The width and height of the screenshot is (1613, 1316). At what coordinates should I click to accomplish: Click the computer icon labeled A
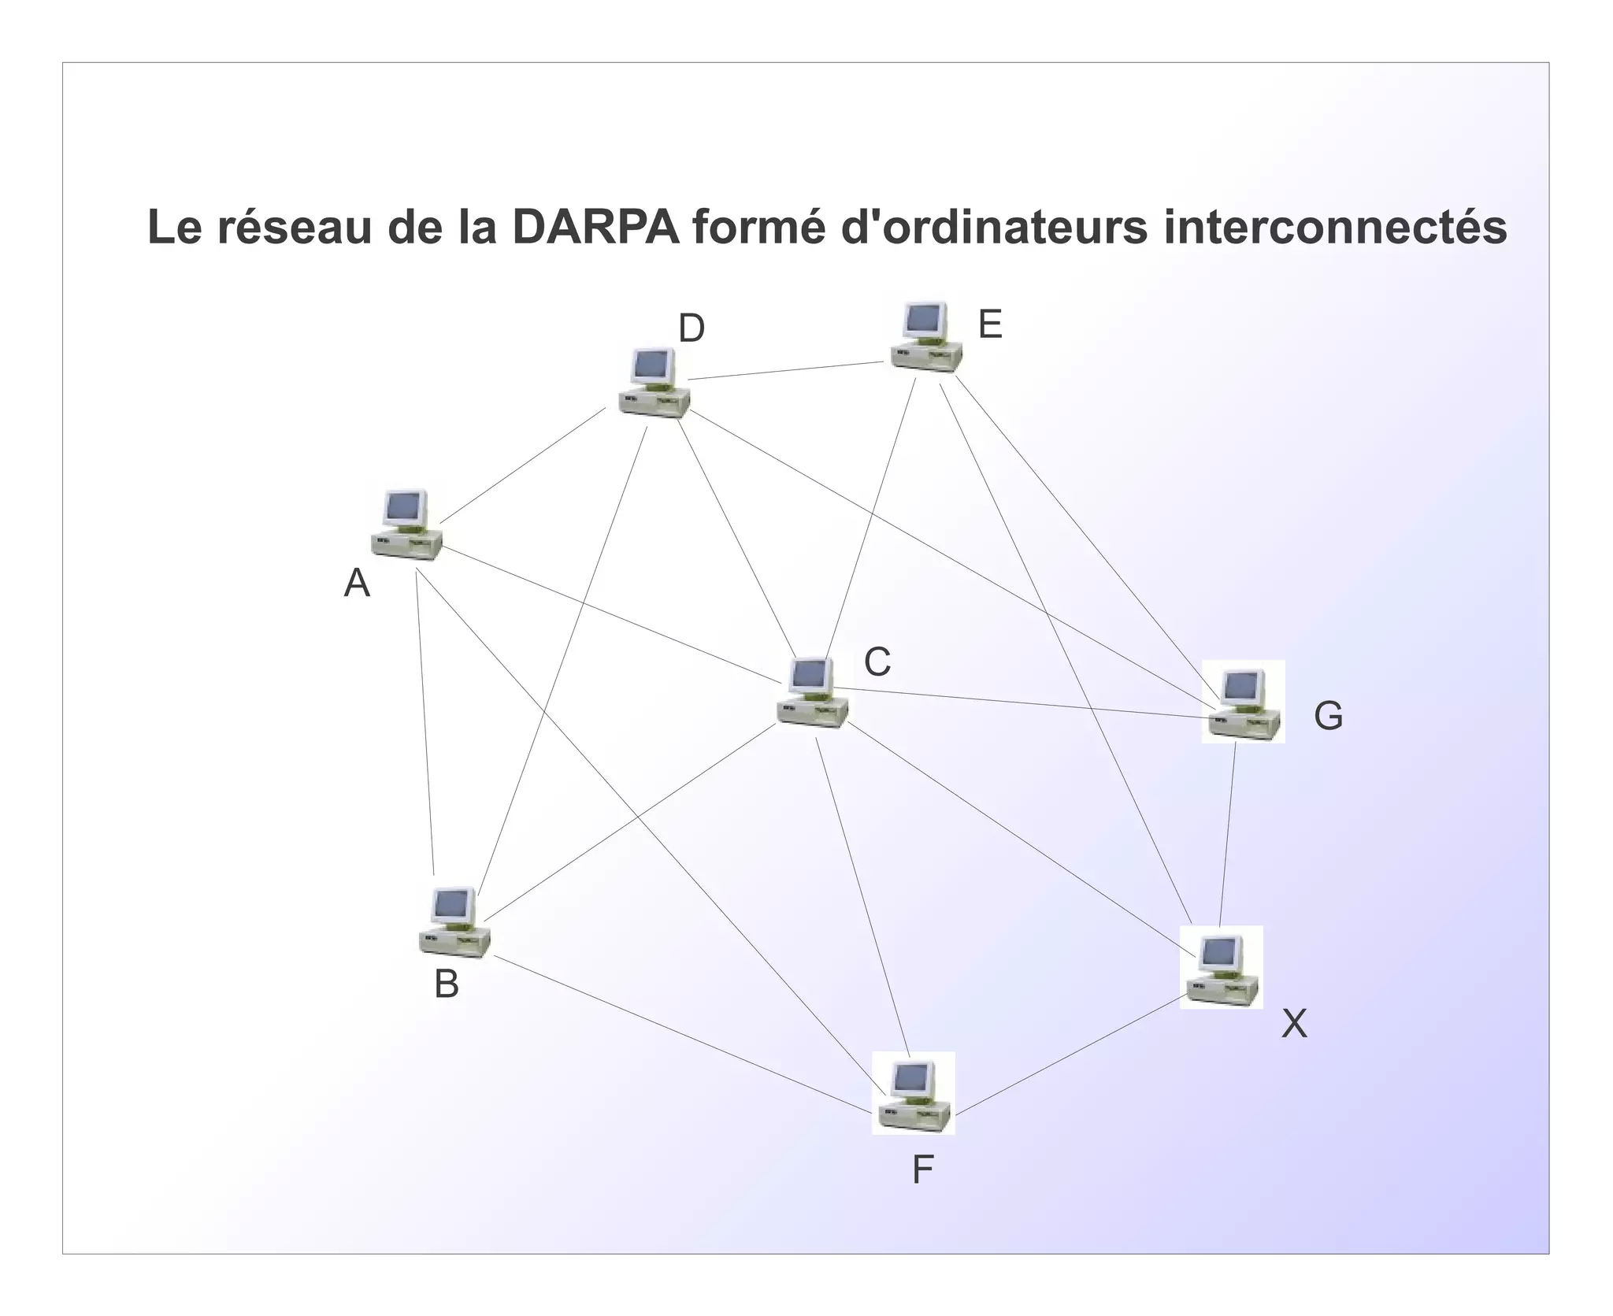pyautogui.click(x=406, y=525)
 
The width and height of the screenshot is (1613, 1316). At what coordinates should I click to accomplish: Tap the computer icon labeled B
pyautogui.click(x=454, y=922)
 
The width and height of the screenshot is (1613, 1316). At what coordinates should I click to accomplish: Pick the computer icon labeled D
pyautogui.click(x=654, y=383)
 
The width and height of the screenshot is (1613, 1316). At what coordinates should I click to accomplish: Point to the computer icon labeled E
pyautogui.click(x=927, y=335)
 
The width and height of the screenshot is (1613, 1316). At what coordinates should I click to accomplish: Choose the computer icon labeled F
pyautogui.click(x=914, y=1094)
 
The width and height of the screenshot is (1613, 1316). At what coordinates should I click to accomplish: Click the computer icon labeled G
pyautogui.click(x=1244, y=702)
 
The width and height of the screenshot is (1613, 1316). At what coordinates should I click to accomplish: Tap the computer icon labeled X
pyautogui.click(x=1222, y=968)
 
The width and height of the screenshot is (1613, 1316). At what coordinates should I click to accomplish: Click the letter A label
pyautogui.click(x=357, y=584)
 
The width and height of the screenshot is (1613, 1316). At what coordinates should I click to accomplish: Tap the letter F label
pyautogui.click(x=922, y=1170)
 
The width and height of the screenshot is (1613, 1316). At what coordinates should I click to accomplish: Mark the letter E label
pyautogui.click(x=990, y=324)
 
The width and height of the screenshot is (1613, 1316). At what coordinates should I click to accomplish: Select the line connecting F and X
pyautogui.click(x=1067, y=1058)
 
